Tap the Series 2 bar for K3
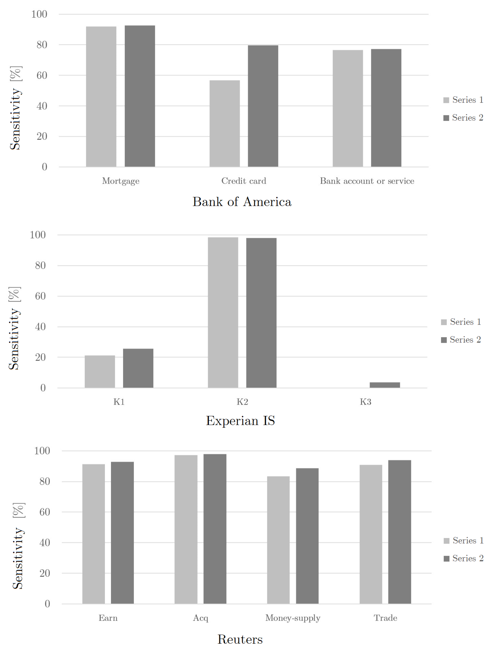[x=385, y=385]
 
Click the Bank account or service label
[x=367, y=181]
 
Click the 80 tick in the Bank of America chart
[x=42, y=45]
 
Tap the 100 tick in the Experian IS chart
[x=38, y=235]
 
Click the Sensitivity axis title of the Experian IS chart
[x=14, y=328]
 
